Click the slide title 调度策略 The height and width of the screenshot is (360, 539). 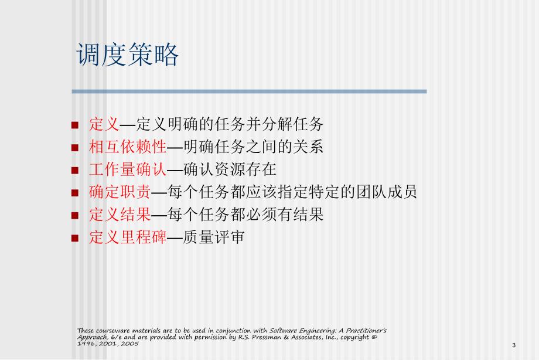[x=128, y=56]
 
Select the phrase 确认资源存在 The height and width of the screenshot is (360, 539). [x=230, y=169]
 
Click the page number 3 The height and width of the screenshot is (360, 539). [x=513, y=345]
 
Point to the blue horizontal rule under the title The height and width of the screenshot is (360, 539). [x=249, y=91]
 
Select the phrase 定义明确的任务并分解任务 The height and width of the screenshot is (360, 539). [x=230, y=124]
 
